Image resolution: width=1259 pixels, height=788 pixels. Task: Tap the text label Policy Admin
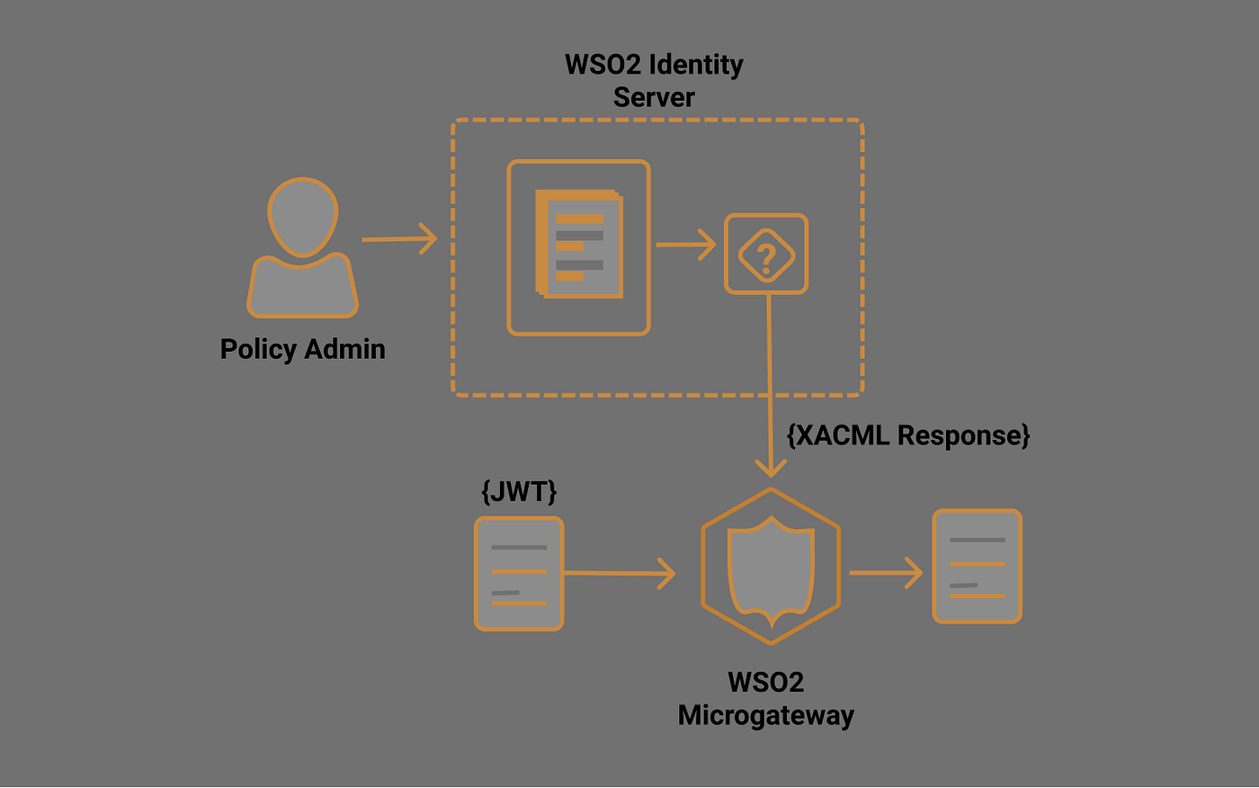(x=302, y=349)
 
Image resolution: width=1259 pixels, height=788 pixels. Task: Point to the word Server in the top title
(x=654, y=97)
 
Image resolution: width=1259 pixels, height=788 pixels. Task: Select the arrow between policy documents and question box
(x=685, y=244)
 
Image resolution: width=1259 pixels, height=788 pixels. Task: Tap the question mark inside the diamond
(x=766, y=255)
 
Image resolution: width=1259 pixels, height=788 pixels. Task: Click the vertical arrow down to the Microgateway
(x=770, y=387)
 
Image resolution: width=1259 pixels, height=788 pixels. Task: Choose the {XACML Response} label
(x=907, y=435)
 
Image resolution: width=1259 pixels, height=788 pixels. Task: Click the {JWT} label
(x=519, y=491)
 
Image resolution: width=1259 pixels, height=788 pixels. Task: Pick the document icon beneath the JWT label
(x=519, y=573)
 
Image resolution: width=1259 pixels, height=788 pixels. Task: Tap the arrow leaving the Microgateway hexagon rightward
(x=886, y=572)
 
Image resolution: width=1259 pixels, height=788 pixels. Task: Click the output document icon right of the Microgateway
(x=977, y=566)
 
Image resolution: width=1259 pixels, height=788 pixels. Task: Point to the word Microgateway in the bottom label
(x=765, y=716)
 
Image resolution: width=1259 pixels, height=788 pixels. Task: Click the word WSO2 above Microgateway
(x=765, y=683)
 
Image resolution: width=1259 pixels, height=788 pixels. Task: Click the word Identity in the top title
(x=696, y=65)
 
